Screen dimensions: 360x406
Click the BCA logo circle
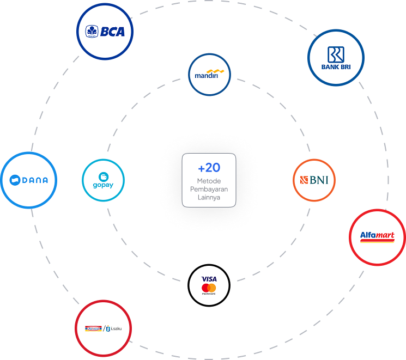105,31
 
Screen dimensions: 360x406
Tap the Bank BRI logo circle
335,57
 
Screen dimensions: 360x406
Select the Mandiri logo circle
209,74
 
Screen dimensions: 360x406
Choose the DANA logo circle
29,180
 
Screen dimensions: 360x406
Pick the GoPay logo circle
104,180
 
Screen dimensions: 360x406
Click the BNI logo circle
314,180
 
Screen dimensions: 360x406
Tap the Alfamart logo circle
377,237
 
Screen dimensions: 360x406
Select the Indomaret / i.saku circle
104,328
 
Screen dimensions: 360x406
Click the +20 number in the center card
209,168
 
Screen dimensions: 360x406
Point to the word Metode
209,181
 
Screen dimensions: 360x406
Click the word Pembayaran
209,189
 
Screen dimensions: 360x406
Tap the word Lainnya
209,197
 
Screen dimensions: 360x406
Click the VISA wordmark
209,279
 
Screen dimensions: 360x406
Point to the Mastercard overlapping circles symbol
209,288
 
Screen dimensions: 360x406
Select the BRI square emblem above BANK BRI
335,54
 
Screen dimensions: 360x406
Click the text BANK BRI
335,68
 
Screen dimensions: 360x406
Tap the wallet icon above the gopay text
104,176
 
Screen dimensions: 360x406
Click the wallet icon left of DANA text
15,180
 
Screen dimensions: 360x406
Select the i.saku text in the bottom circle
117,328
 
